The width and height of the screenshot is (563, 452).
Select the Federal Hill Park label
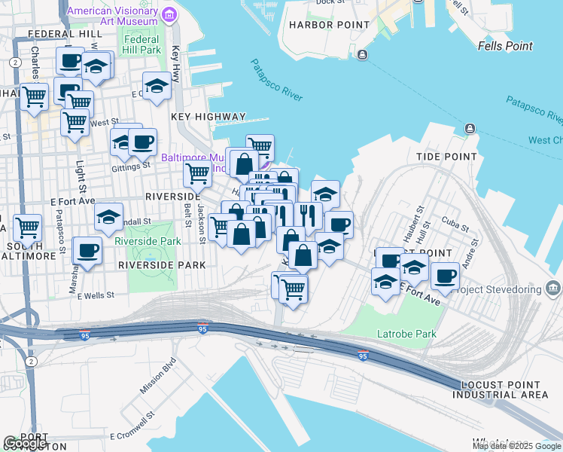[143, 44]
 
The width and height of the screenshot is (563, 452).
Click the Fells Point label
[506, 46]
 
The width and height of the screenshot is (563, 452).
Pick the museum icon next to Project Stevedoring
[554, 289]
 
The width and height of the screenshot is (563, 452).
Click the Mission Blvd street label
[157, 376]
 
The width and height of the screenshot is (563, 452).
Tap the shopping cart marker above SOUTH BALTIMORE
[28, 225]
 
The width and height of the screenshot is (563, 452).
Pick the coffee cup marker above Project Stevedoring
[445, 275]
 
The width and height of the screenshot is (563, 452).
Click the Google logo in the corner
[25, 443]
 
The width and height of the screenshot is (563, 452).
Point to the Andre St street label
[470, 255]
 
